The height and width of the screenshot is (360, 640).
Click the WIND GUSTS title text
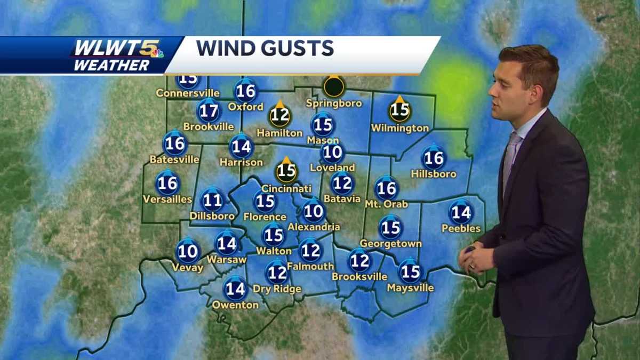265,48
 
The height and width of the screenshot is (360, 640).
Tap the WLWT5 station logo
118,49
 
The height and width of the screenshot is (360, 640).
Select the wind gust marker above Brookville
209,111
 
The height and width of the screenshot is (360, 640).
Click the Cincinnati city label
286,189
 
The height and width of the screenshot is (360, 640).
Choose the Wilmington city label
399,128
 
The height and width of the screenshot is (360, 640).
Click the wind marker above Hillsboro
433,158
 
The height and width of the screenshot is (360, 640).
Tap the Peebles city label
461,229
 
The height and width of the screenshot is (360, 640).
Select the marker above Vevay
188,251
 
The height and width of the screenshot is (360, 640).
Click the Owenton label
235,306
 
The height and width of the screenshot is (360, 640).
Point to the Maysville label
410,288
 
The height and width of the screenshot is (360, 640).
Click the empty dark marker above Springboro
334,86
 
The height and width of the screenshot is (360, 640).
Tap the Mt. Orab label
386,204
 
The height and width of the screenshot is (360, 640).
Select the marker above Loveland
332,153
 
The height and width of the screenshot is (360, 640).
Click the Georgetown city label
390,244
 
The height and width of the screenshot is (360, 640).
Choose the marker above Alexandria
314,212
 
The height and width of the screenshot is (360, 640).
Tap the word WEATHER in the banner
111,66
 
